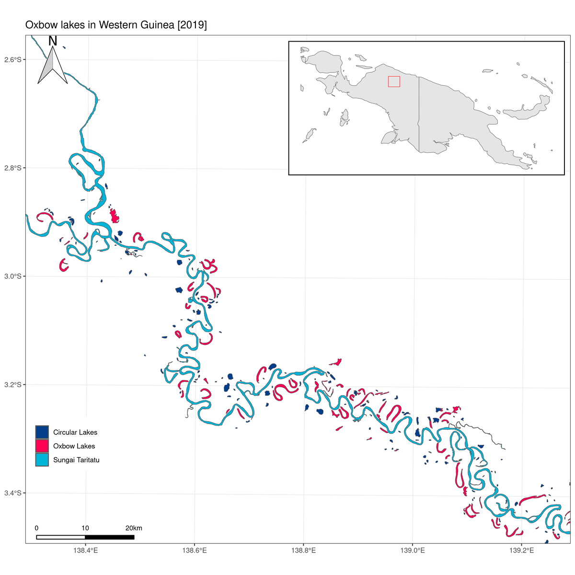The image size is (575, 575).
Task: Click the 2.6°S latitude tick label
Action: pyautogui.click(x=13, y=59)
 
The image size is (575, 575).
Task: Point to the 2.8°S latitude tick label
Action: pyautogui.click(x=13, y=168)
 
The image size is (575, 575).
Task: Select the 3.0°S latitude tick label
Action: pyautogui.click(x=13, y=276)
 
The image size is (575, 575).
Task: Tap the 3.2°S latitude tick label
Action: pyautogui.click(x=13, y=384)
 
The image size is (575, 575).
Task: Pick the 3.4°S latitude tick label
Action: pyautogui.click(x=13, y=493)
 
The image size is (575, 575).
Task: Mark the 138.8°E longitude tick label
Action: pyautogui.click(x=303, y=550)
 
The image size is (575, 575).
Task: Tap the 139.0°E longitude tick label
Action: pyautogui.click(x=412, y=550)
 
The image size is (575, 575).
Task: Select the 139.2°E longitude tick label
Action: pyautogui.click(x=521, y=550)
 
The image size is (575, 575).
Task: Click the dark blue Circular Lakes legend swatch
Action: pyautogui.click(x=42, y=432)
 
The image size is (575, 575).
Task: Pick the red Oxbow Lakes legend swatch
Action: pyautogui.click(x=42, y=446)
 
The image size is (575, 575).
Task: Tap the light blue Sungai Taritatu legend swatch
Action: pyautogui.click(x=42, y=460)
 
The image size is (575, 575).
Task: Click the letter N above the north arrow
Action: pyautogui.click(x=53, y=41)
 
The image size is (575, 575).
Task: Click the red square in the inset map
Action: pyautogui.click(x=394, y=81)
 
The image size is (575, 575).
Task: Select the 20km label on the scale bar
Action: pyautogui.click(x=134, y=528)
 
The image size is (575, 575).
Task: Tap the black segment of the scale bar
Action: pyautogui.click(x=110, y=537)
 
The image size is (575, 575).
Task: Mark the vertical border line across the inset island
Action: pyautogui.click(x=419, y=115)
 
